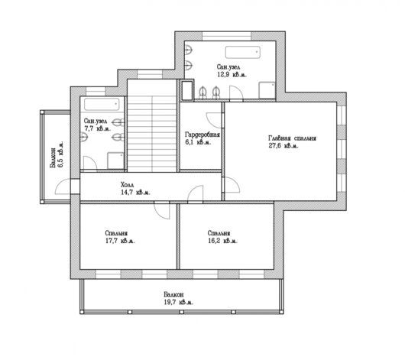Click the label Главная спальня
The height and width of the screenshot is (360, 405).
point(292,138)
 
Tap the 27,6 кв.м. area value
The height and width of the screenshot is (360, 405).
point(283,146)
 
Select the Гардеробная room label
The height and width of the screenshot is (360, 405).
point(202,135)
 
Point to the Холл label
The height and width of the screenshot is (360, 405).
point(128,185)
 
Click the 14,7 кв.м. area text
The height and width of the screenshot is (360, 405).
point(135,193)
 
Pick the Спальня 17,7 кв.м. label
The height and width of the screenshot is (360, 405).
point(120,237)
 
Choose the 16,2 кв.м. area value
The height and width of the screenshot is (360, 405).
point(222,241)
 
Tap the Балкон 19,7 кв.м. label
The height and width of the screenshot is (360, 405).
point(179,298)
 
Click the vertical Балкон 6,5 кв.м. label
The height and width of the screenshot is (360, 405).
point(57,154)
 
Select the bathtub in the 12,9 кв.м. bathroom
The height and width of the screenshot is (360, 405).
point(242,52)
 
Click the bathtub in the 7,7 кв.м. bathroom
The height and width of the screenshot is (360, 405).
point(102,104)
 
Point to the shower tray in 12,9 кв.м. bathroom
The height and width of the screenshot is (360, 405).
point(267,90)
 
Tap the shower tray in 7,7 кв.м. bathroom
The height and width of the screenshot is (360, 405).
point(115,161)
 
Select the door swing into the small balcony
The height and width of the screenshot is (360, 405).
point(63,186)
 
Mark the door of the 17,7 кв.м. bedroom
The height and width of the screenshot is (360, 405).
point(162,211)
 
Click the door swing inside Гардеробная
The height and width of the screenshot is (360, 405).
point(215,120)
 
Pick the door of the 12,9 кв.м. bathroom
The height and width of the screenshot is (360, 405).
point(236,93)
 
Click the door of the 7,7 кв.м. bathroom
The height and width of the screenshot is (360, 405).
point(89,164)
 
